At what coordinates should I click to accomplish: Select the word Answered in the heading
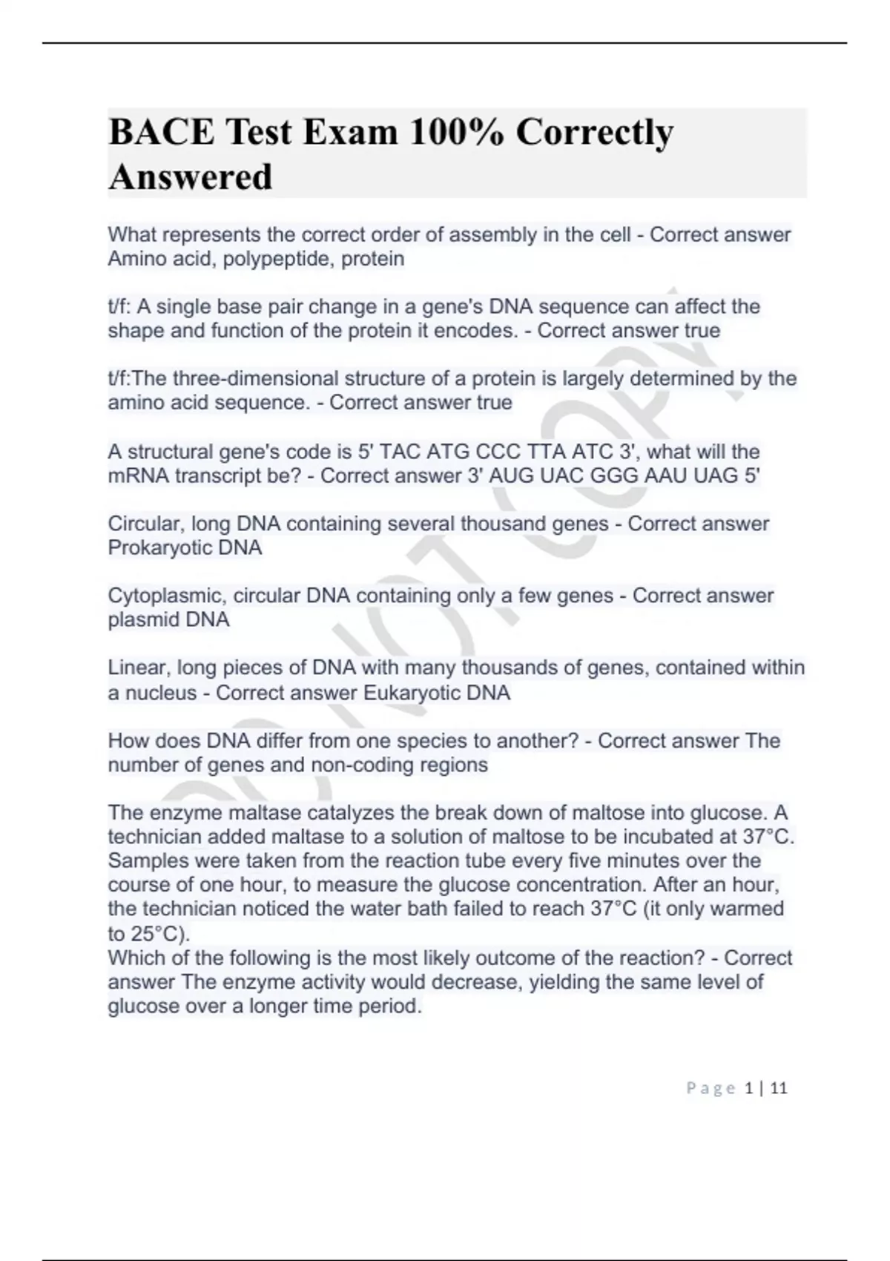[191, 177]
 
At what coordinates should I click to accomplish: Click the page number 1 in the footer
[749, 1088]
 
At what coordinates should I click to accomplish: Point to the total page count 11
[779, 1088]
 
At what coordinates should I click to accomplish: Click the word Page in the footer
[711, 1088]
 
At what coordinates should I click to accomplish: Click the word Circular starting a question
[145, 524]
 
